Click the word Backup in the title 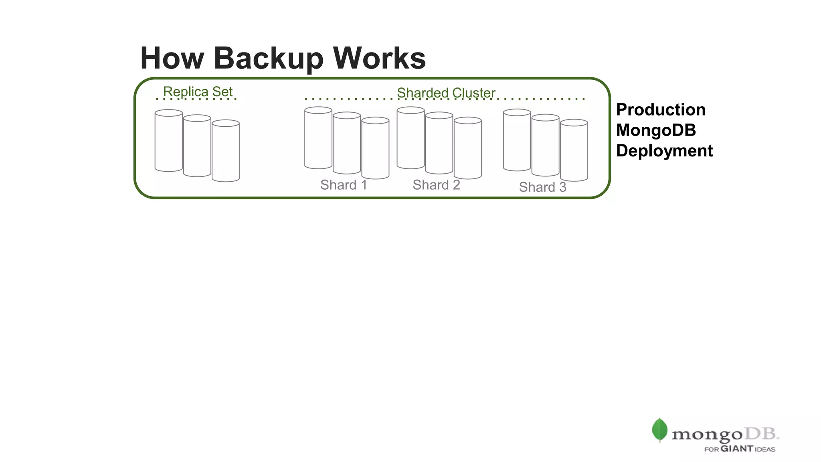point(268,59)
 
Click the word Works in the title point(379,59)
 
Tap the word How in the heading point(172,59)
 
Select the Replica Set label point(198,92)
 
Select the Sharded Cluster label point(446,93)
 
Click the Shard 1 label point(344,185)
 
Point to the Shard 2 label point(436,185)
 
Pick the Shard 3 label point(542,187)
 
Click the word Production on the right point(661,110)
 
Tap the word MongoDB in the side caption point(656,130)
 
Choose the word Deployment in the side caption point(664,151)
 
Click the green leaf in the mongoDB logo point(659,430)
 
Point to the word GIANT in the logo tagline point(737,449)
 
